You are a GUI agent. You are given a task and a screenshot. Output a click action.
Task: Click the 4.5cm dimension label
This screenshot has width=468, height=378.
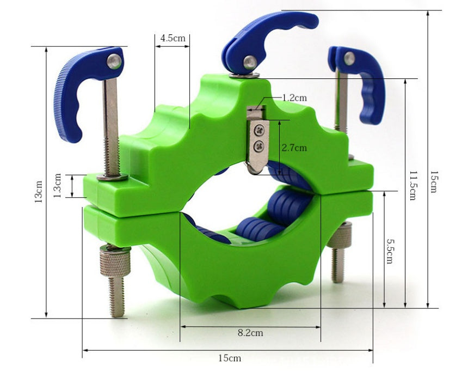coord(173,38)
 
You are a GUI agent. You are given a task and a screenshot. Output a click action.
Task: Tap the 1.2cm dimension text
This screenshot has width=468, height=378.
coord(294,97)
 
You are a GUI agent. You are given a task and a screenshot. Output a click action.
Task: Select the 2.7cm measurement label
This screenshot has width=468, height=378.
coord(294,148)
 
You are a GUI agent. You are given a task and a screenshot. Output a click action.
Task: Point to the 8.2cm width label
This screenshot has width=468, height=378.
coord(250,333)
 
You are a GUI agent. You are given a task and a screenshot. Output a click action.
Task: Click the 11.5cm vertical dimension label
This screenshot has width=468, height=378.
coord(412,186)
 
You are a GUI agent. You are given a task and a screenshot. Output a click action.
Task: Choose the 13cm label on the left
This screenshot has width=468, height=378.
coord(39,192)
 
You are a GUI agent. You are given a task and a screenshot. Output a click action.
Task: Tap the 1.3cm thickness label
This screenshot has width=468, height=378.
coord(57,186)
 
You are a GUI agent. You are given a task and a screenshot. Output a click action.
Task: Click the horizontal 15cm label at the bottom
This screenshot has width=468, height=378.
coord(229,358)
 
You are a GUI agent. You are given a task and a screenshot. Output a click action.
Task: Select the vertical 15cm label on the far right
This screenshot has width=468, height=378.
coord(433,182)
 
